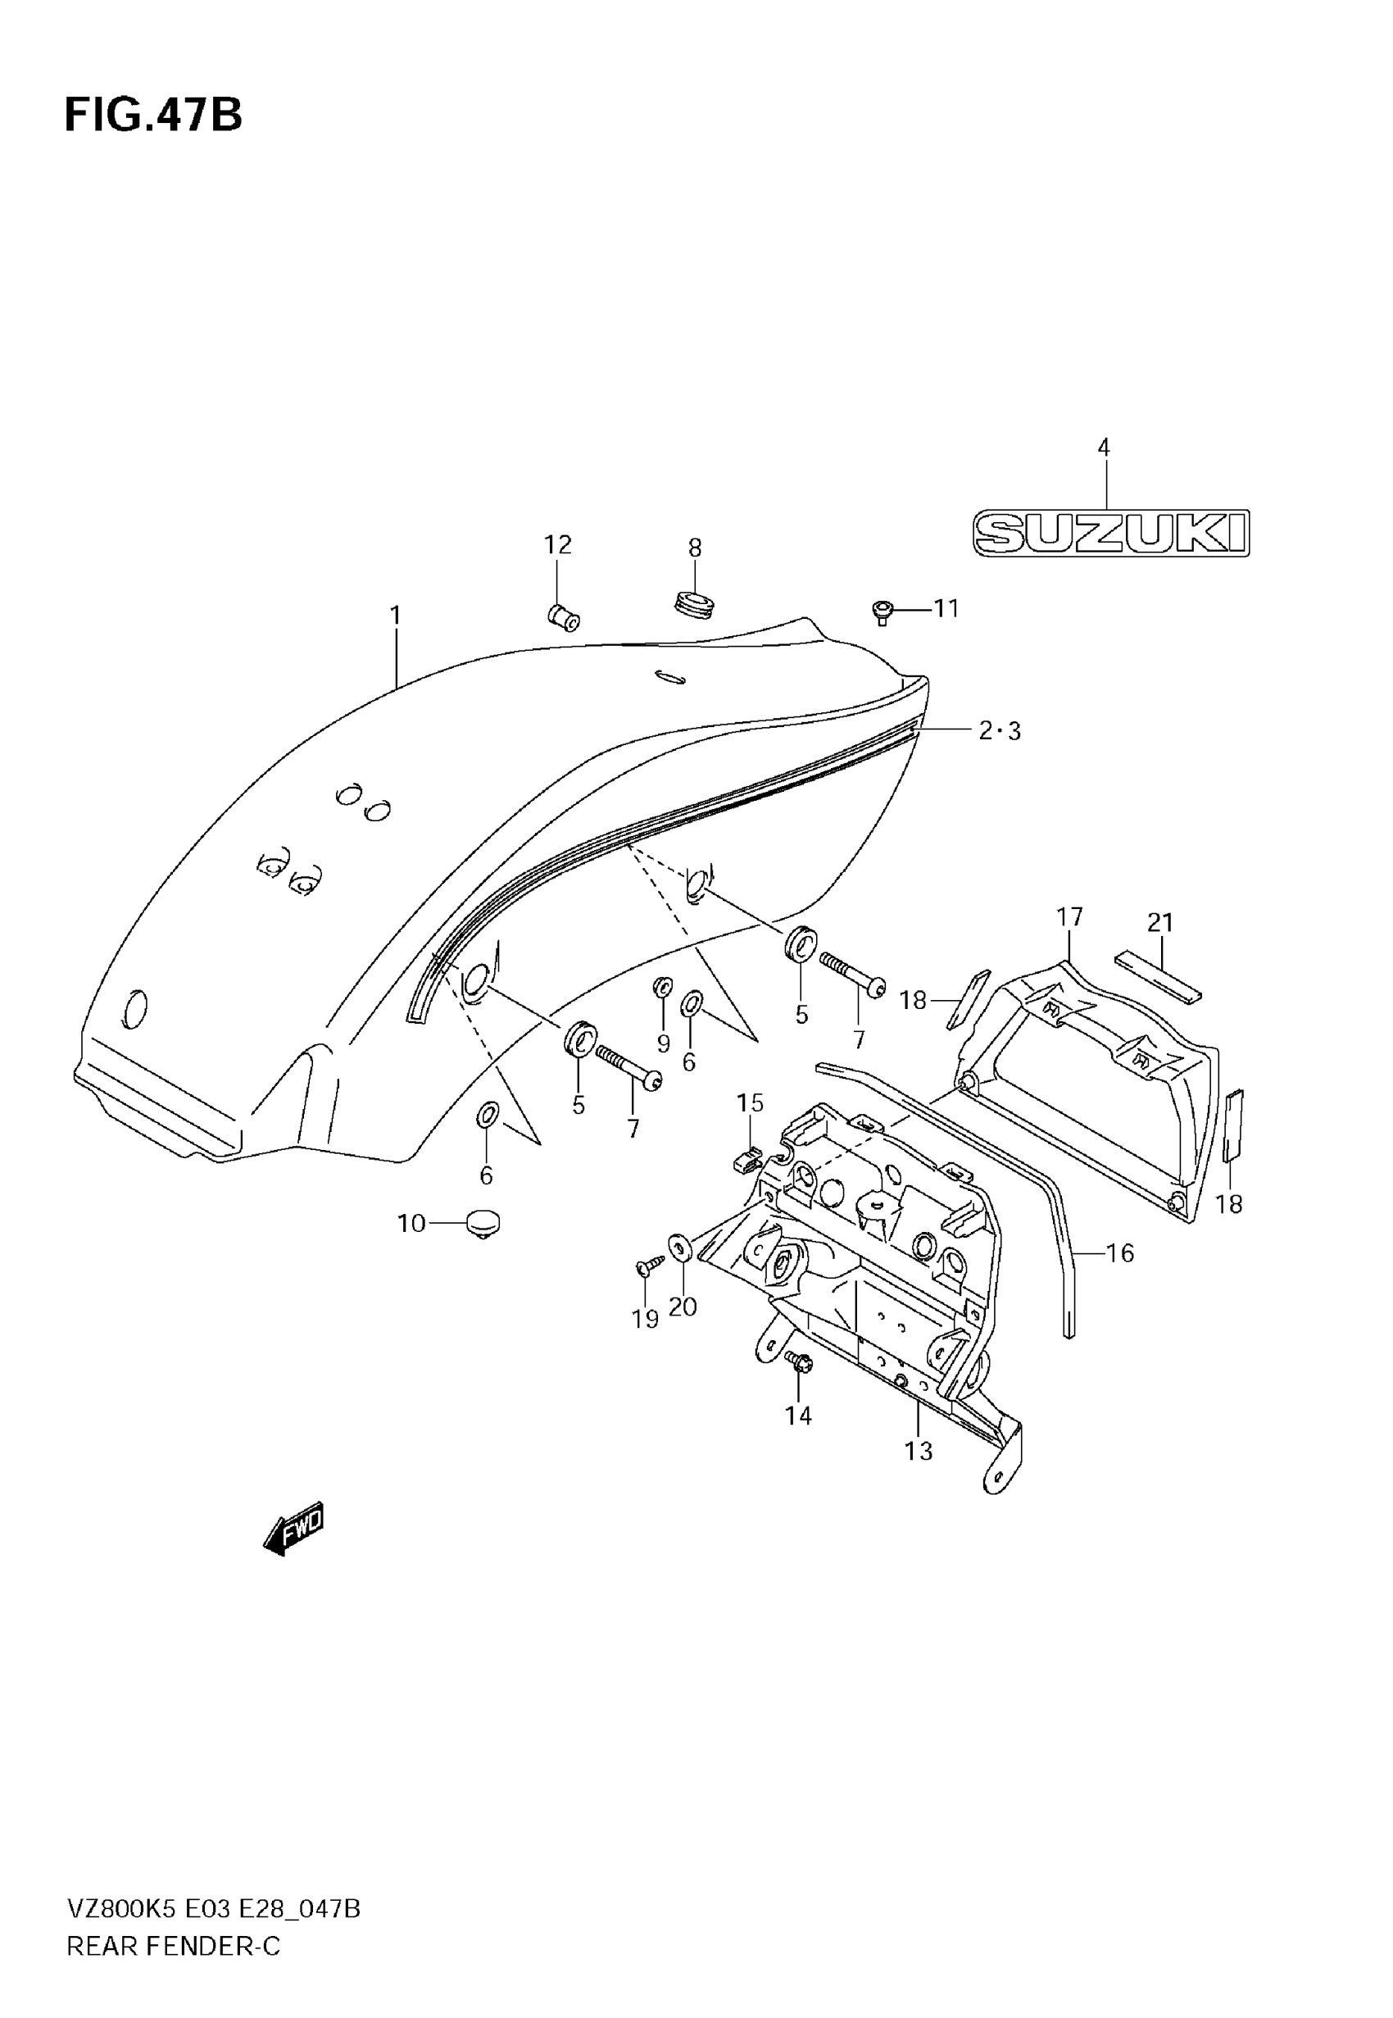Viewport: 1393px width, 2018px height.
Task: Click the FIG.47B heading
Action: point(153,116)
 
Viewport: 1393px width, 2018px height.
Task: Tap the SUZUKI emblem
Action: point(1110,533)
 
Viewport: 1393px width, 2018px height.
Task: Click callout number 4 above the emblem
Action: point(1103,448)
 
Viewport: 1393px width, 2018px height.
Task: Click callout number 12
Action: point(558,544)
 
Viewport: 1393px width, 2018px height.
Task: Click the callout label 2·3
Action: point(1000,730)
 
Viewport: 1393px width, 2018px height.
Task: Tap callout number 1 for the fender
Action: point(396,616)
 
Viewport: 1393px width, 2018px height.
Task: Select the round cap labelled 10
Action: point(483,1224)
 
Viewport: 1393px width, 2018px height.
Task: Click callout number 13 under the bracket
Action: point(919,1451)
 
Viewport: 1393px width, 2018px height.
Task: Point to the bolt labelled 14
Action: point(798,1361)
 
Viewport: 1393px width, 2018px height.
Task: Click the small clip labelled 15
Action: point(746,1160)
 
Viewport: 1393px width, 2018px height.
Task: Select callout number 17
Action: point(1069,917)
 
